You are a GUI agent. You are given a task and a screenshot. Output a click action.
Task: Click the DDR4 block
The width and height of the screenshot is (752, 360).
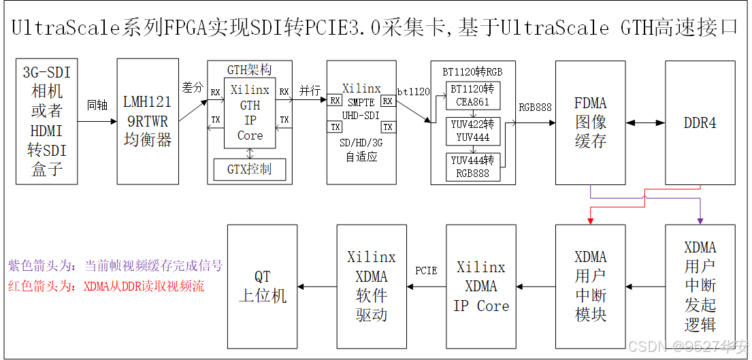coord(700,123)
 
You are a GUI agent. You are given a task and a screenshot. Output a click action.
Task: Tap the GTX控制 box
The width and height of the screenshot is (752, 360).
coord(250,169)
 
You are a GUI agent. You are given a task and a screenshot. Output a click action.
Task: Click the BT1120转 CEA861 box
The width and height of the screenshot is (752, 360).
coord(473,96)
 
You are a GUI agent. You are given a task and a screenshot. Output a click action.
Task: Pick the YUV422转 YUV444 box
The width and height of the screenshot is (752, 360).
coord(473,131)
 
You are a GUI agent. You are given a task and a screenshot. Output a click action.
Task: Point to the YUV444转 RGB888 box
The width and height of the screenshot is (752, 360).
coord(473,167)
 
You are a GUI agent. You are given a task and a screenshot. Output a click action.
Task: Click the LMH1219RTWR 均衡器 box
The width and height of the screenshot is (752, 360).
coord(148,121)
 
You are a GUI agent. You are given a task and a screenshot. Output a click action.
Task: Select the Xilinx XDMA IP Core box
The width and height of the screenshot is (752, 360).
coord(481,286)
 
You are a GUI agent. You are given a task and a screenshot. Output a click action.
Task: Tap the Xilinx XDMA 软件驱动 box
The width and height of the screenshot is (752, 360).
coord(372,286)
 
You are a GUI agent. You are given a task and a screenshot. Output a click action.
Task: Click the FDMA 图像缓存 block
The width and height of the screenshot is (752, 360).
coord(590,123)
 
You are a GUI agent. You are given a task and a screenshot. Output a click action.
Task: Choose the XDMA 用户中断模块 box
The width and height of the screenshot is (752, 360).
coord(590,286)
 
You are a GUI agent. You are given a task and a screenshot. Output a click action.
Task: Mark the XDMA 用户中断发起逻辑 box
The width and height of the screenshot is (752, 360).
coord(700,286)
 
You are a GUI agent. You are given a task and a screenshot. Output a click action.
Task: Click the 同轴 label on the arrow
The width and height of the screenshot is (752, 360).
coord(97,106)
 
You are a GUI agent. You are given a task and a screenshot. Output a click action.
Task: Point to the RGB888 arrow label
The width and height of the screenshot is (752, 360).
coord(536,107)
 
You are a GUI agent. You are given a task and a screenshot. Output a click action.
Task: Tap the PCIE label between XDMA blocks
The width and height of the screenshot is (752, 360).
coord(426,271)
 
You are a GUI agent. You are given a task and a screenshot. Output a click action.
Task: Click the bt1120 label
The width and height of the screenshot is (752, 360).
coord(413,91)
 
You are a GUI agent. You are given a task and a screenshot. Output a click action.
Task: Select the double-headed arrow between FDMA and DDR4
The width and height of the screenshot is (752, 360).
coord(645,123)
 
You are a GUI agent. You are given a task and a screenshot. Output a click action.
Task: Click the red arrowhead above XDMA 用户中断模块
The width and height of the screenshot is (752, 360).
coord(590,219)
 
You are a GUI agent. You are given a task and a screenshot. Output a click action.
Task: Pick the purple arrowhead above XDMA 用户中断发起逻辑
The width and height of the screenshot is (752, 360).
coord(700,219)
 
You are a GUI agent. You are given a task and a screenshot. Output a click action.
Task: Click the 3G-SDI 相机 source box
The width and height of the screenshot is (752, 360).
coord(46,121)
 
